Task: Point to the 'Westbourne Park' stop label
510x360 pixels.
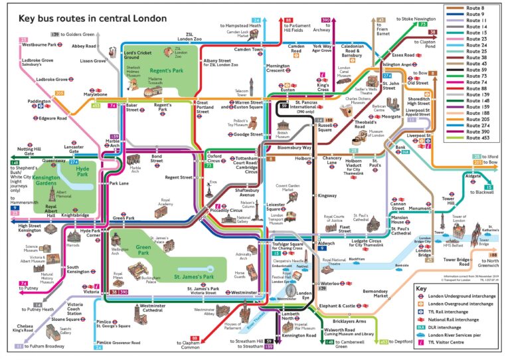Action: pyautogui.click(x=41, y=45)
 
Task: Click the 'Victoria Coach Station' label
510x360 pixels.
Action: pyautogui.click(x=75, y=309)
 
